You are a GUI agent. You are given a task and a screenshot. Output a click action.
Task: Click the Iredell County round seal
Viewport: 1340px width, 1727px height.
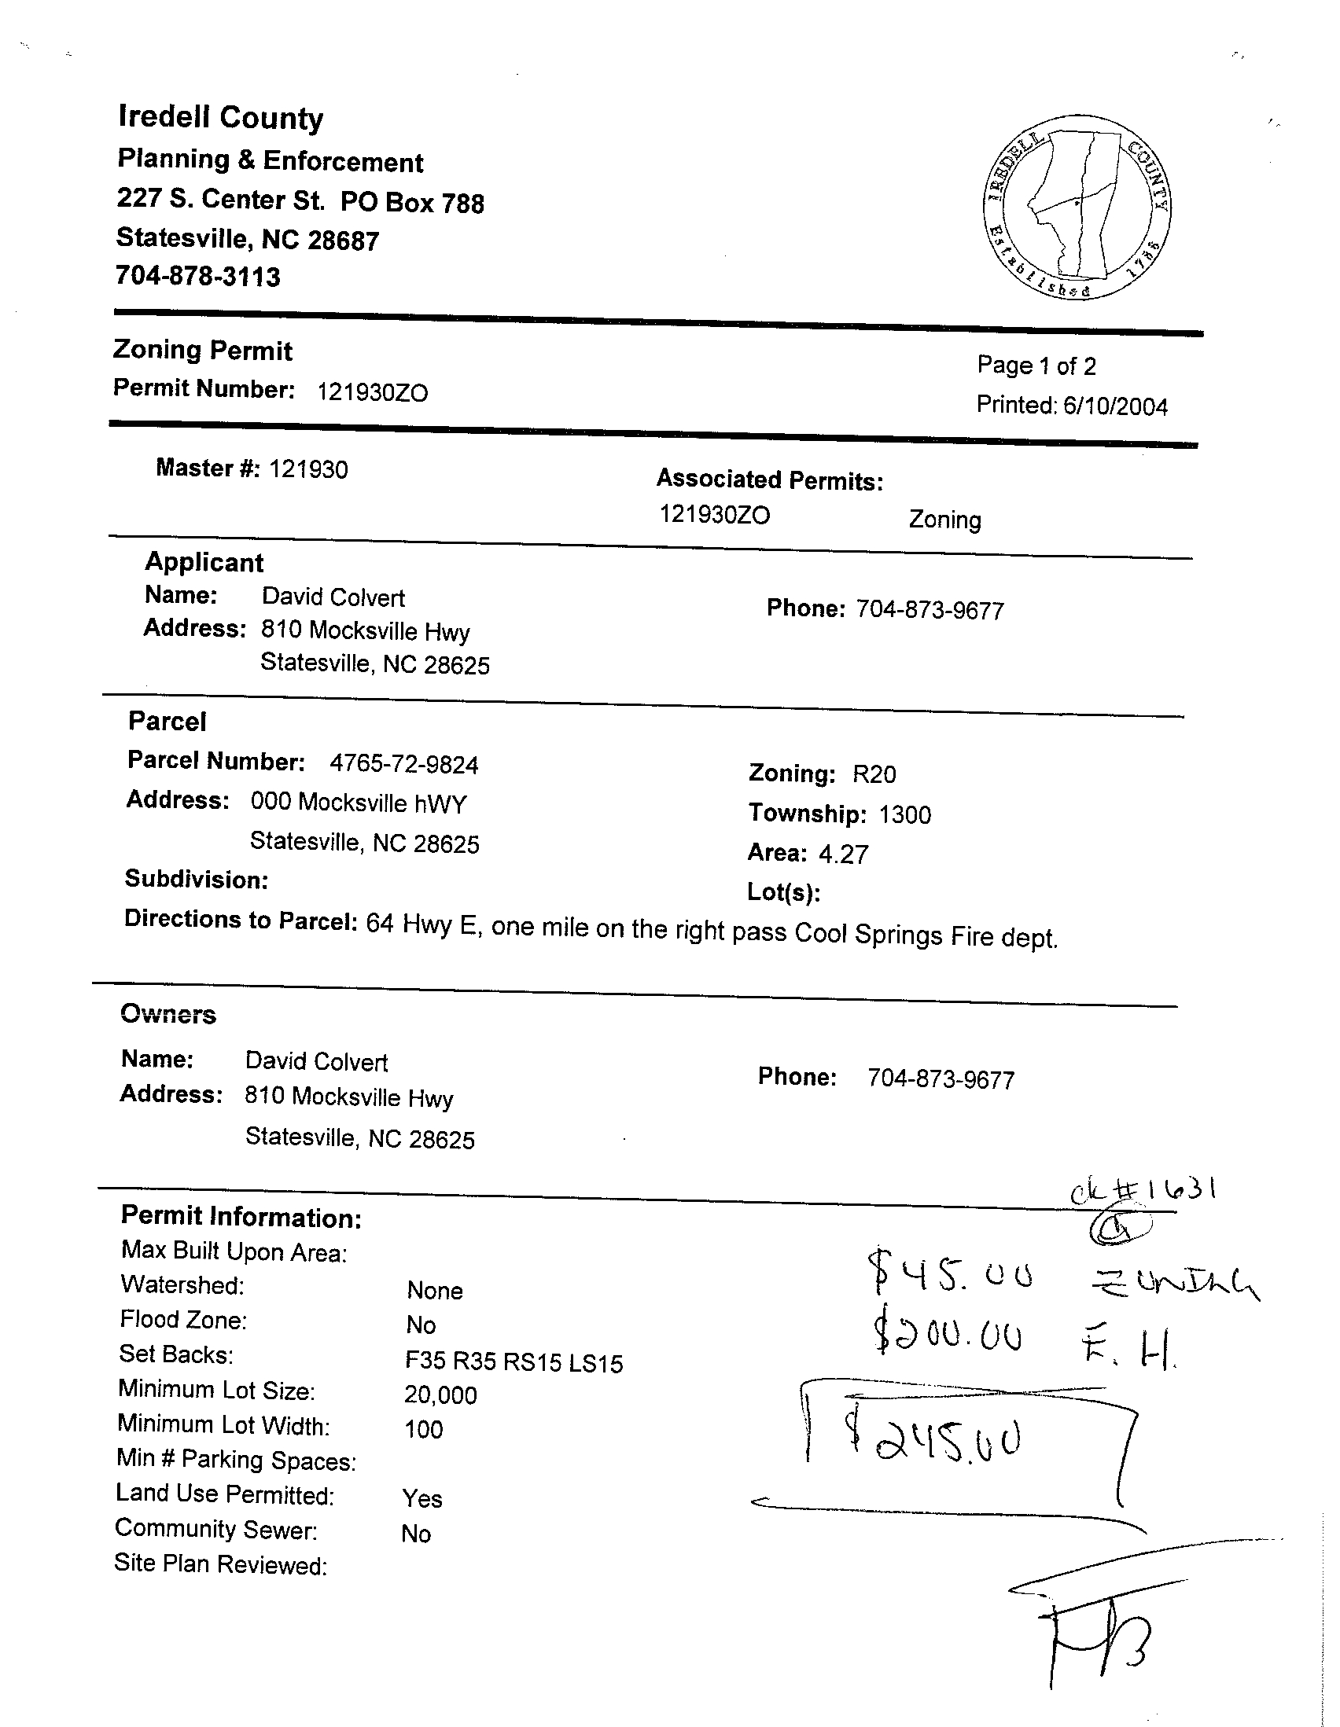click(x=1077, y=208)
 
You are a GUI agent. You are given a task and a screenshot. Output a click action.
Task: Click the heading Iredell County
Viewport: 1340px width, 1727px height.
click(x=221, y=117)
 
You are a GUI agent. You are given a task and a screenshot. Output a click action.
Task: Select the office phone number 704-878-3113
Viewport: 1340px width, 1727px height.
click(x=197, y=276)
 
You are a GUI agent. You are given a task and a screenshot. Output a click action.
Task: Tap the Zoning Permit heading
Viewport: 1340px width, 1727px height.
click(x=203, y=350)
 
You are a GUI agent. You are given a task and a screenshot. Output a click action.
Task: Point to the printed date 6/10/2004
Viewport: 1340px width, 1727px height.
click(x=1115, y=406)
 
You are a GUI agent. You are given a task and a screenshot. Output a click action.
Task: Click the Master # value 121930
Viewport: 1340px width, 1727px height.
click(x=307, y=470)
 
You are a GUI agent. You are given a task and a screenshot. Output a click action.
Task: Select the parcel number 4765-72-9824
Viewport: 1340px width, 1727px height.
click(x=404, y=764)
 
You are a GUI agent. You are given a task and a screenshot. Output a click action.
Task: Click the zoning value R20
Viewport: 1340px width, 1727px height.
click(x=874, y=773)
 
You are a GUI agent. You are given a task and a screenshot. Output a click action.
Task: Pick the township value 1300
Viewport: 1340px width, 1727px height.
click(x=905, y=814)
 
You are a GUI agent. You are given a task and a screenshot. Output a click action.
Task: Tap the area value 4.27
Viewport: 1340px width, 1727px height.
click(x=843, y=854)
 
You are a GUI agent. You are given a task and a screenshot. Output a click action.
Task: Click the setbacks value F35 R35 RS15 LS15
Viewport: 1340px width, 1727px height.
click(x=514, y=1362)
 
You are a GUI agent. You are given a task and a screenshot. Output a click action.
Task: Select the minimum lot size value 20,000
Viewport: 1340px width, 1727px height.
click(x=440, y=1394)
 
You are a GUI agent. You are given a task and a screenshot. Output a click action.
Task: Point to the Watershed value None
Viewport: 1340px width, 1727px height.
click(x=434, y=1291)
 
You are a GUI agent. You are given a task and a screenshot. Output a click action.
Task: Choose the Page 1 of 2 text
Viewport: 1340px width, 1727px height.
click(x=1036, y=366)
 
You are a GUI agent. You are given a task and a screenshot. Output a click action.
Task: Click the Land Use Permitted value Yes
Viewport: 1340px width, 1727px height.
click(x=422, y=1498)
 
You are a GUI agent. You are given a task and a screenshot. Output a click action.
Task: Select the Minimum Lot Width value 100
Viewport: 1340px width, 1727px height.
click(x=424, y=1429)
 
